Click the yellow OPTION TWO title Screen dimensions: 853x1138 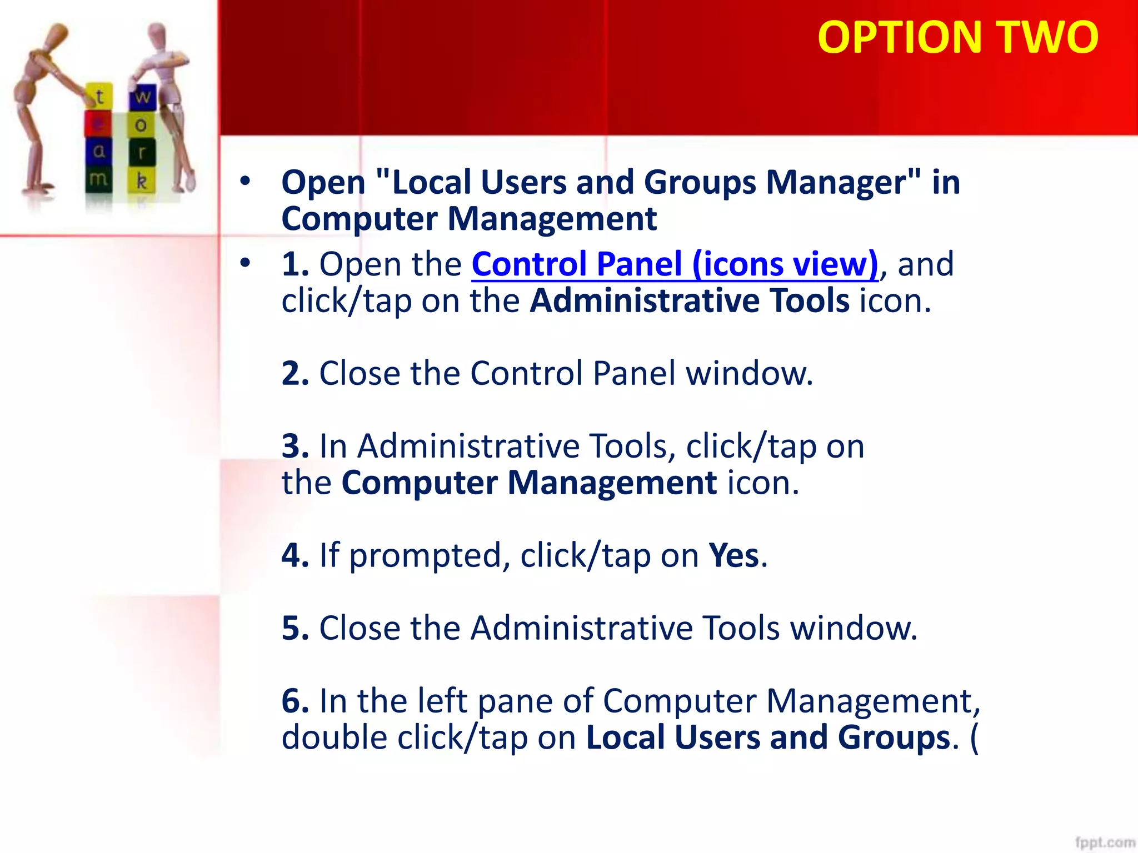pyautogui.click(x=958, y=37)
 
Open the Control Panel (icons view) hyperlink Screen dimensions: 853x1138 pyautogui.click(x=675, y=264)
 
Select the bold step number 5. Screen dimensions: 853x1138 pyautogui.click(x=295, y=628)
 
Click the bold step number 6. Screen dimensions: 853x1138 pyautogui.click(x=295, y=701)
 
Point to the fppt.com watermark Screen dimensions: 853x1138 pyautogui.click(x=1104, y=842)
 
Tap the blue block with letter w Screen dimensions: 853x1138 pyautogui.click(x=143, y=97)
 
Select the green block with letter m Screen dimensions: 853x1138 pyautogui.click(x=98, y=179)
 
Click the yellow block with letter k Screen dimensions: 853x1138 pyautogui.click(x=142, y=180)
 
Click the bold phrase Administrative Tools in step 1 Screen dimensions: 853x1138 pyautogui.click(x=689, y=301)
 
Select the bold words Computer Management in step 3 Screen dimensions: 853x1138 pyautogui.click(x=528, y=483)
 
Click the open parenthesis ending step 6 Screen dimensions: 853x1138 pyautogui.click(x=974, y=737)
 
